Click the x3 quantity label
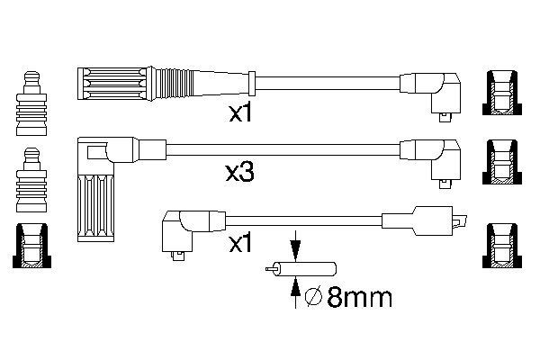(x=240, y=172)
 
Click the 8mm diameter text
(x=359, y=297)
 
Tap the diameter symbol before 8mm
(x=313, y=296)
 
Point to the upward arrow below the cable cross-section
(x=295, y=292)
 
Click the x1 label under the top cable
(x=240, y=113)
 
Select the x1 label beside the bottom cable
(x=240, y=244)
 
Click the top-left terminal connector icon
(x=31, y=103)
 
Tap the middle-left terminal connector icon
(x=31, y=180)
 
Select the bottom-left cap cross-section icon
(x=31, y=246)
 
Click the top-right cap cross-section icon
(x=502, y=93)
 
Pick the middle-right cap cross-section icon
(x=502, y=162)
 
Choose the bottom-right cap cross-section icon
(x=502, y=246)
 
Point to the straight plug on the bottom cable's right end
(x=424, y=220)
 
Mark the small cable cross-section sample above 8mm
(x=301, y=269)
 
